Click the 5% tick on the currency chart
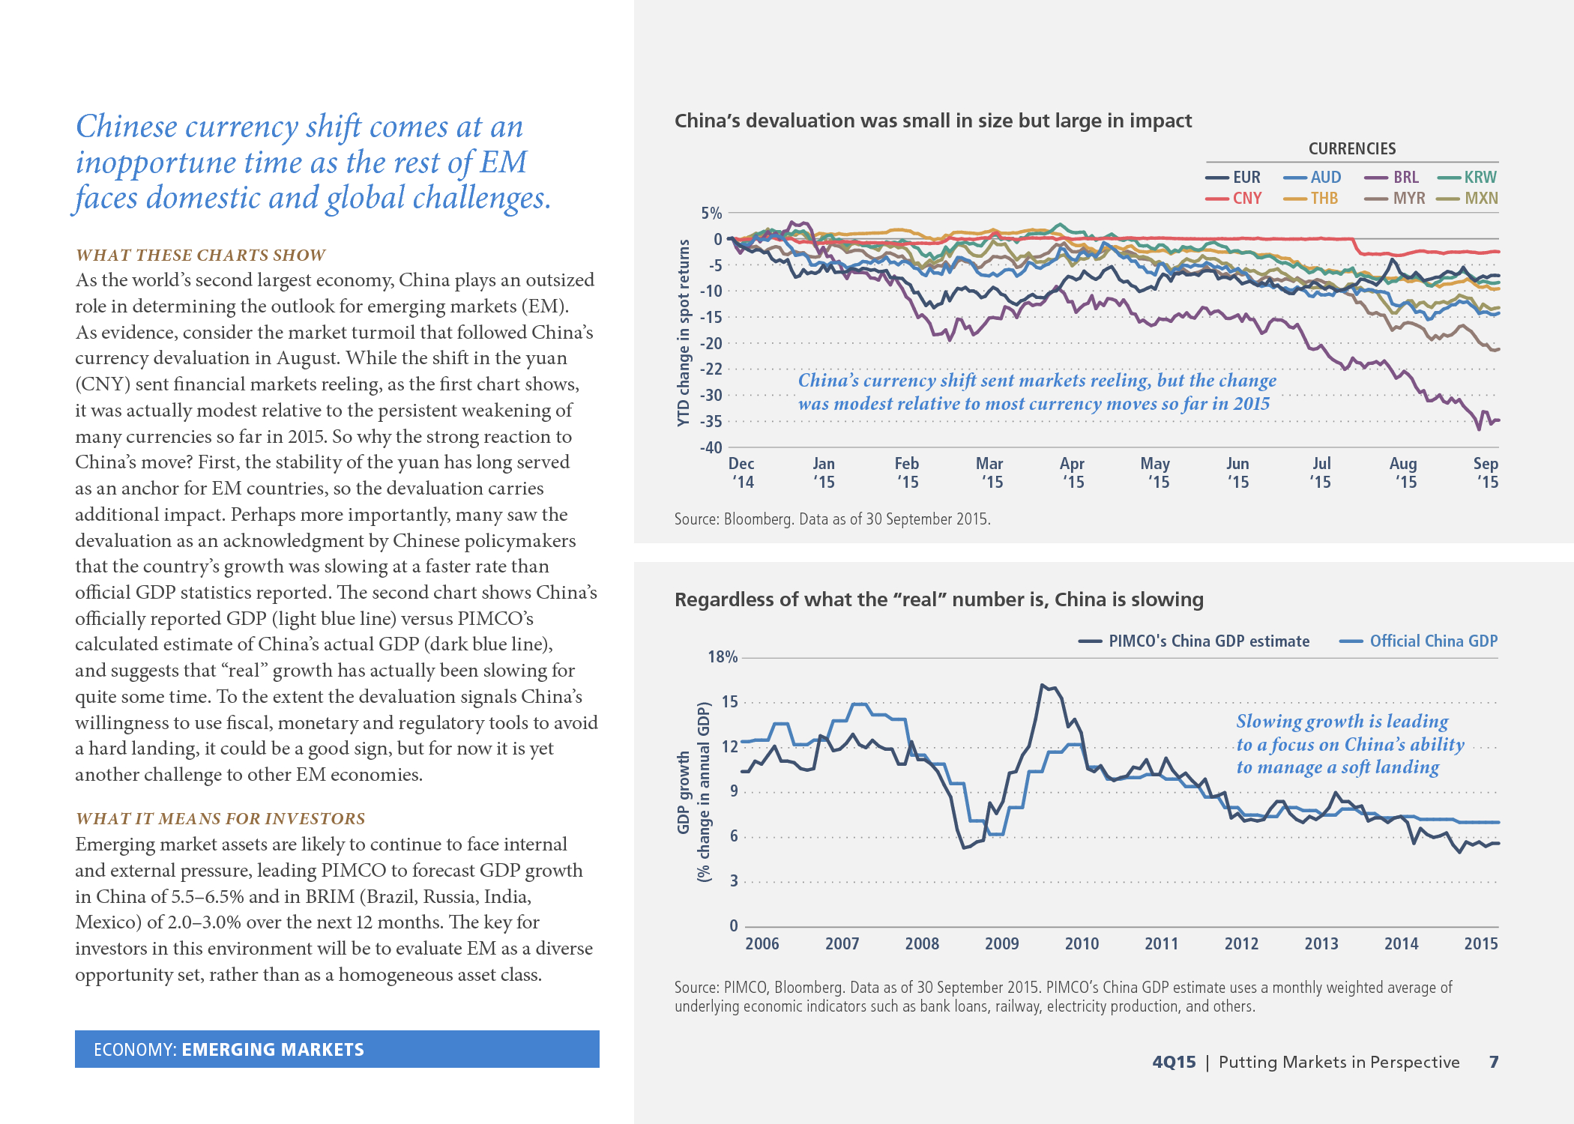711,214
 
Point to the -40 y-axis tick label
711,448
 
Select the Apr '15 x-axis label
1073,473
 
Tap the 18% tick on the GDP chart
723,657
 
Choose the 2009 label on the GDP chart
1001,944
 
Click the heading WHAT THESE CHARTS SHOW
200,256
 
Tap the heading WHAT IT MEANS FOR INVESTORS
220,819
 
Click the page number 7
1494,1062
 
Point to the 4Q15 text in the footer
1174,1063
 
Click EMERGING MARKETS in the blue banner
273,1050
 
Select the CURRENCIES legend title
1352,149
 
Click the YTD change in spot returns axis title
683,333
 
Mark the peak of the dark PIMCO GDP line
1042,685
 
